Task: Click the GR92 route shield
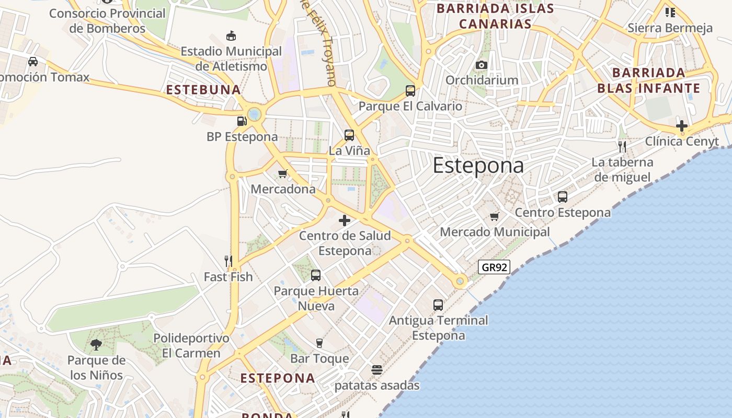[494, 267]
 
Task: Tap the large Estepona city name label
[478, 166]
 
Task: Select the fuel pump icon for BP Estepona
[242, 121]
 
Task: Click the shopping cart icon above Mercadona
[283, 173]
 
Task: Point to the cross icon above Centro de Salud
[345, 220]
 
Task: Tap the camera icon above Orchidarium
[482, 65]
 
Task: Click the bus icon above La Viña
[349, 135]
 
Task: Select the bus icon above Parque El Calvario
[410, 91]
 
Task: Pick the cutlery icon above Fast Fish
[228, 261]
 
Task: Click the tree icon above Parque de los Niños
[96, 344]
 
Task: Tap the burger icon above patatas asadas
[377, 370]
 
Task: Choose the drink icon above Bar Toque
[319, 343]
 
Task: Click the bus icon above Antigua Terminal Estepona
[438, 305]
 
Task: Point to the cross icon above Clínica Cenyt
[682, 125]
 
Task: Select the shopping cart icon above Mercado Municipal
[495, 216]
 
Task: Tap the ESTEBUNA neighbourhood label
[203, 90]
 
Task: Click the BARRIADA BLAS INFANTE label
[648, 80]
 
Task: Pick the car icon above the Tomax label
[33, 62]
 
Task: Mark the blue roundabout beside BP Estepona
[255, 113]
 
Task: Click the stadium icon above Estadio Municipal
[231, 36]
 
